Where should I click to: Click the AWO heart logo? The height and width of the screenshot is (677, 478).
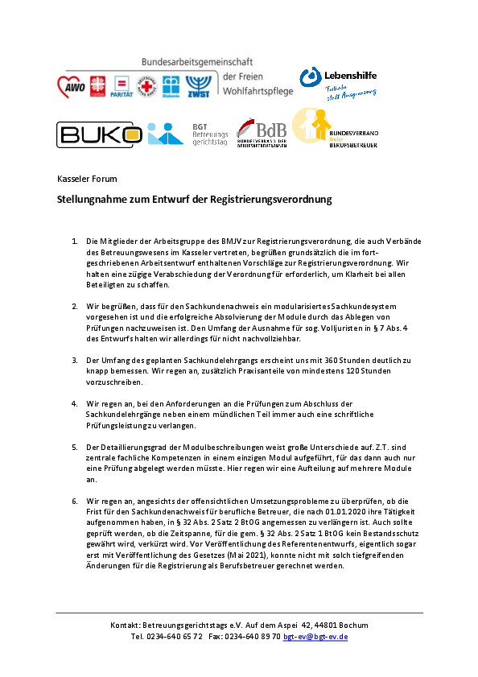pos(72,87)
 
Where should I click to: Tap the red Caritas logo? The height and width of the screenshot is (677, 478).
pos(97,86)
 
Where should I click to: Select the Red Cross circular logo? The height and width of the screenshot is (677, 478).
pos(146,86)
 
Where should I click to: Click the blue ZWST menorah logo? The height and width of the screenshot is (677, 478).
pos(198,86)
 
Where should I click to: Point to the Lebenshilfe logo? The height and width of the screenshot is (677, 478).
pos(338,83)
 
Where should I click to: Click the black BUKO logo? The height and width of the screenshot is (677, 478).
pos(99,134)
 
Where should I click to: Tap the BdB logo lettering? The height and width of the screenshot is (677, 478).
pos(271,130)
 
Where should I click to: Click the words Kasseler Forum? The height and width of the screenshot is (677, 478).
pos(87,179)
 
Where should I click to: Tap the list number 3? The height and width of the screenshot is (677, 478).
pos(75,360)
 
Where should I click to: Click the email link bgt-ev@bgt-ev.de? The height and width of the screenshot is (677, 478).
pos(315,637)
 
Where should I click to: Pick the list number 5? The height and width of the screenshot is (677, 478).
pos(75,448)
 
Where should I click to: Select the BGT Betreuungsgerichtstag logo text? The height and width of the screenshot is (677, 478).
pos(210,134)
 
